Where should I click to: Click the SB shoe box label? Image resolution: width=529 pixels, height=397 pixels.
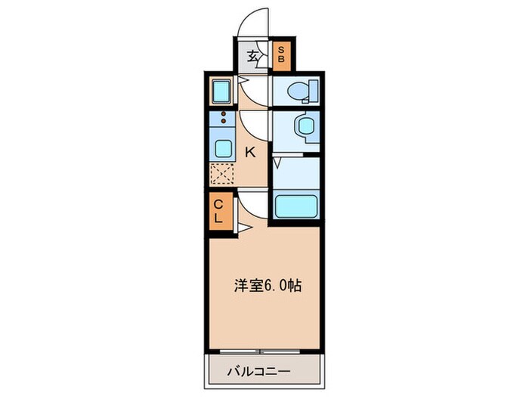pyautogui.click(x=280, y=54)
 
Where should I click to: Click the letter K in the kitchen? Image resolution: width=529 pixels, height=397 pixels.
pyautogui.click(x=250, y=151)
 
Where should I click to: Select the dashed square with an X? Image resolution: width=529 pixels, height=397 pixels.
pyautogui.click(x=223, y=175)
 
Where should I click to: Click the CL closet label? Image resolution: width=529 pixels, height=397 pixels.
pyautogui.click(x=218, y=211)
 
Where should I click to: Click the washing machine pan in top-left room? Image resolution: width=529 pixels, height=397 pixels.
pyautogui.click(x=223, y=91)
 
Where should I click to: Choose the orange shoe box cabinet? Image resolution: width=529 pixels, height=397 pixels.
pyautogui.click(x=280, y=54)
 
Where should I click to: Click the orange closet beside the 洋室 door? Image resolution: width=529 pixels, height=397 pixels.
pyautogui.click(x=218, y=211)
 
